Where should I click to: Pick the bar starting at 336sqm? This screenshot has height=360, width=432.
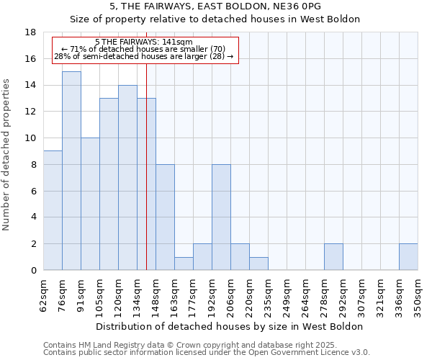(x=408, y=257)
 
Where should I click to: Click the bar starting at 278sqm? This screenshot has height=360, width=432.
(x=333, y=257)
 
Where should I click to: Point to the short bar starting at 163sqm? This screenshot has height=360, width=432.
(x=184, y=264)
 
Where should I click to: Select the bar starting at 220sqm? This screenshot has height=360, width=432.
(x=258, y=264)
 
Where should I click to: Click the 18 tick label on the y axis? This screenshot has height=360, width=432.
(x=30, y=32)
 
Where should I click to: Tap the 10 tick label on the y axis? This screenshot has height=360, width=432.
(x=30, y=138)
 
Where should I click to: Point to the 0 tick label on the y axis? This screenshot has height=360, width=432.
(x=33, y=271)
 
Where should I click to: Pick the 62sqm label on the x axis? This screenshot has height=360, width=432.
(x=43, y=292)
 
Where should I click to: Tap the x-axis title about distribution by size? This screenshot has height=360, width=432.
(x=230, y=326)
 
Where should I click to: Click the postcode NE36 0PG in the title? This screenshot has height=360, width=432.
(x=292, y=6)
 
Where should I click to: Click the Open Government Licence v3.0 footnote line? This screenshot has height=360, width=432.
(x=207, y=353)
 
